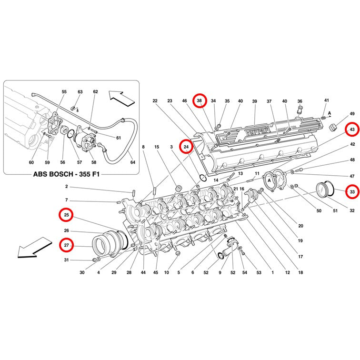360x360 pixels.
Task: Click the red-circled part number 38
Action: (200, 100)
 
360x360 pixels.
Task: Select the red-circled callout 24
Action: (186, 147)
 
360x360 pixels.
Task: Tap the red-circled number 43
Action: (352, 130)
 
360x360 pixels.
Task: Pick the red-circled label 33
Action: (352, 192)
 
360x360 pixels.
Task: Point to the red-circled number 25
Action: (66, 215)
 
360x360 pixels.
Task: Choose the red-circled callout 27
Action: (66, 245)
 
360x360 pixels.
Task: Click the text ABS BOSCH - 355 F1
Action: (67, 174)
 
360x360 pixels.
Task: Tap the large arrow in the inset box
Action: (122, 99)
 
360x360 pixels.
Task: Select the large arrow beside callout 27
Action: (34, 248)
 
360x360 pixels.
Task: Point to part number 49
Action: (352, 114)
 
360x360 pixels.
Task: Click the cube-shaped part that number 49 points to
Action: (332, 128)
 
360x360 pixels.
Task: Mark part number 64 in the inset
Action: (133, 162)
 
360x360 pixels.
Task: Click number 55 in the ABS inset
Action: (64, 91)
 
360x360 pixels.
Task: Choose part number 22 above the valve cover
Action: (155, 101)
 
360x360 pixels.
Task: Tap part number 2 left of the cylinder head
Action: (67, 186)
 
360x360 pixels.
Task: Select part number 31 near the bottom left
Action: (66, 260)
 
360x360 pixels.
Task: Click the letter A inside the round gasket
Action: (270, 180)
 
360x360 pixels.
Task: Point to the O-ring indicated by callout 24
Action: (203, 178)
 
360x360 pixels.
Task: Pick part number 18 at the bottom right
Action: (300, 272)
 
